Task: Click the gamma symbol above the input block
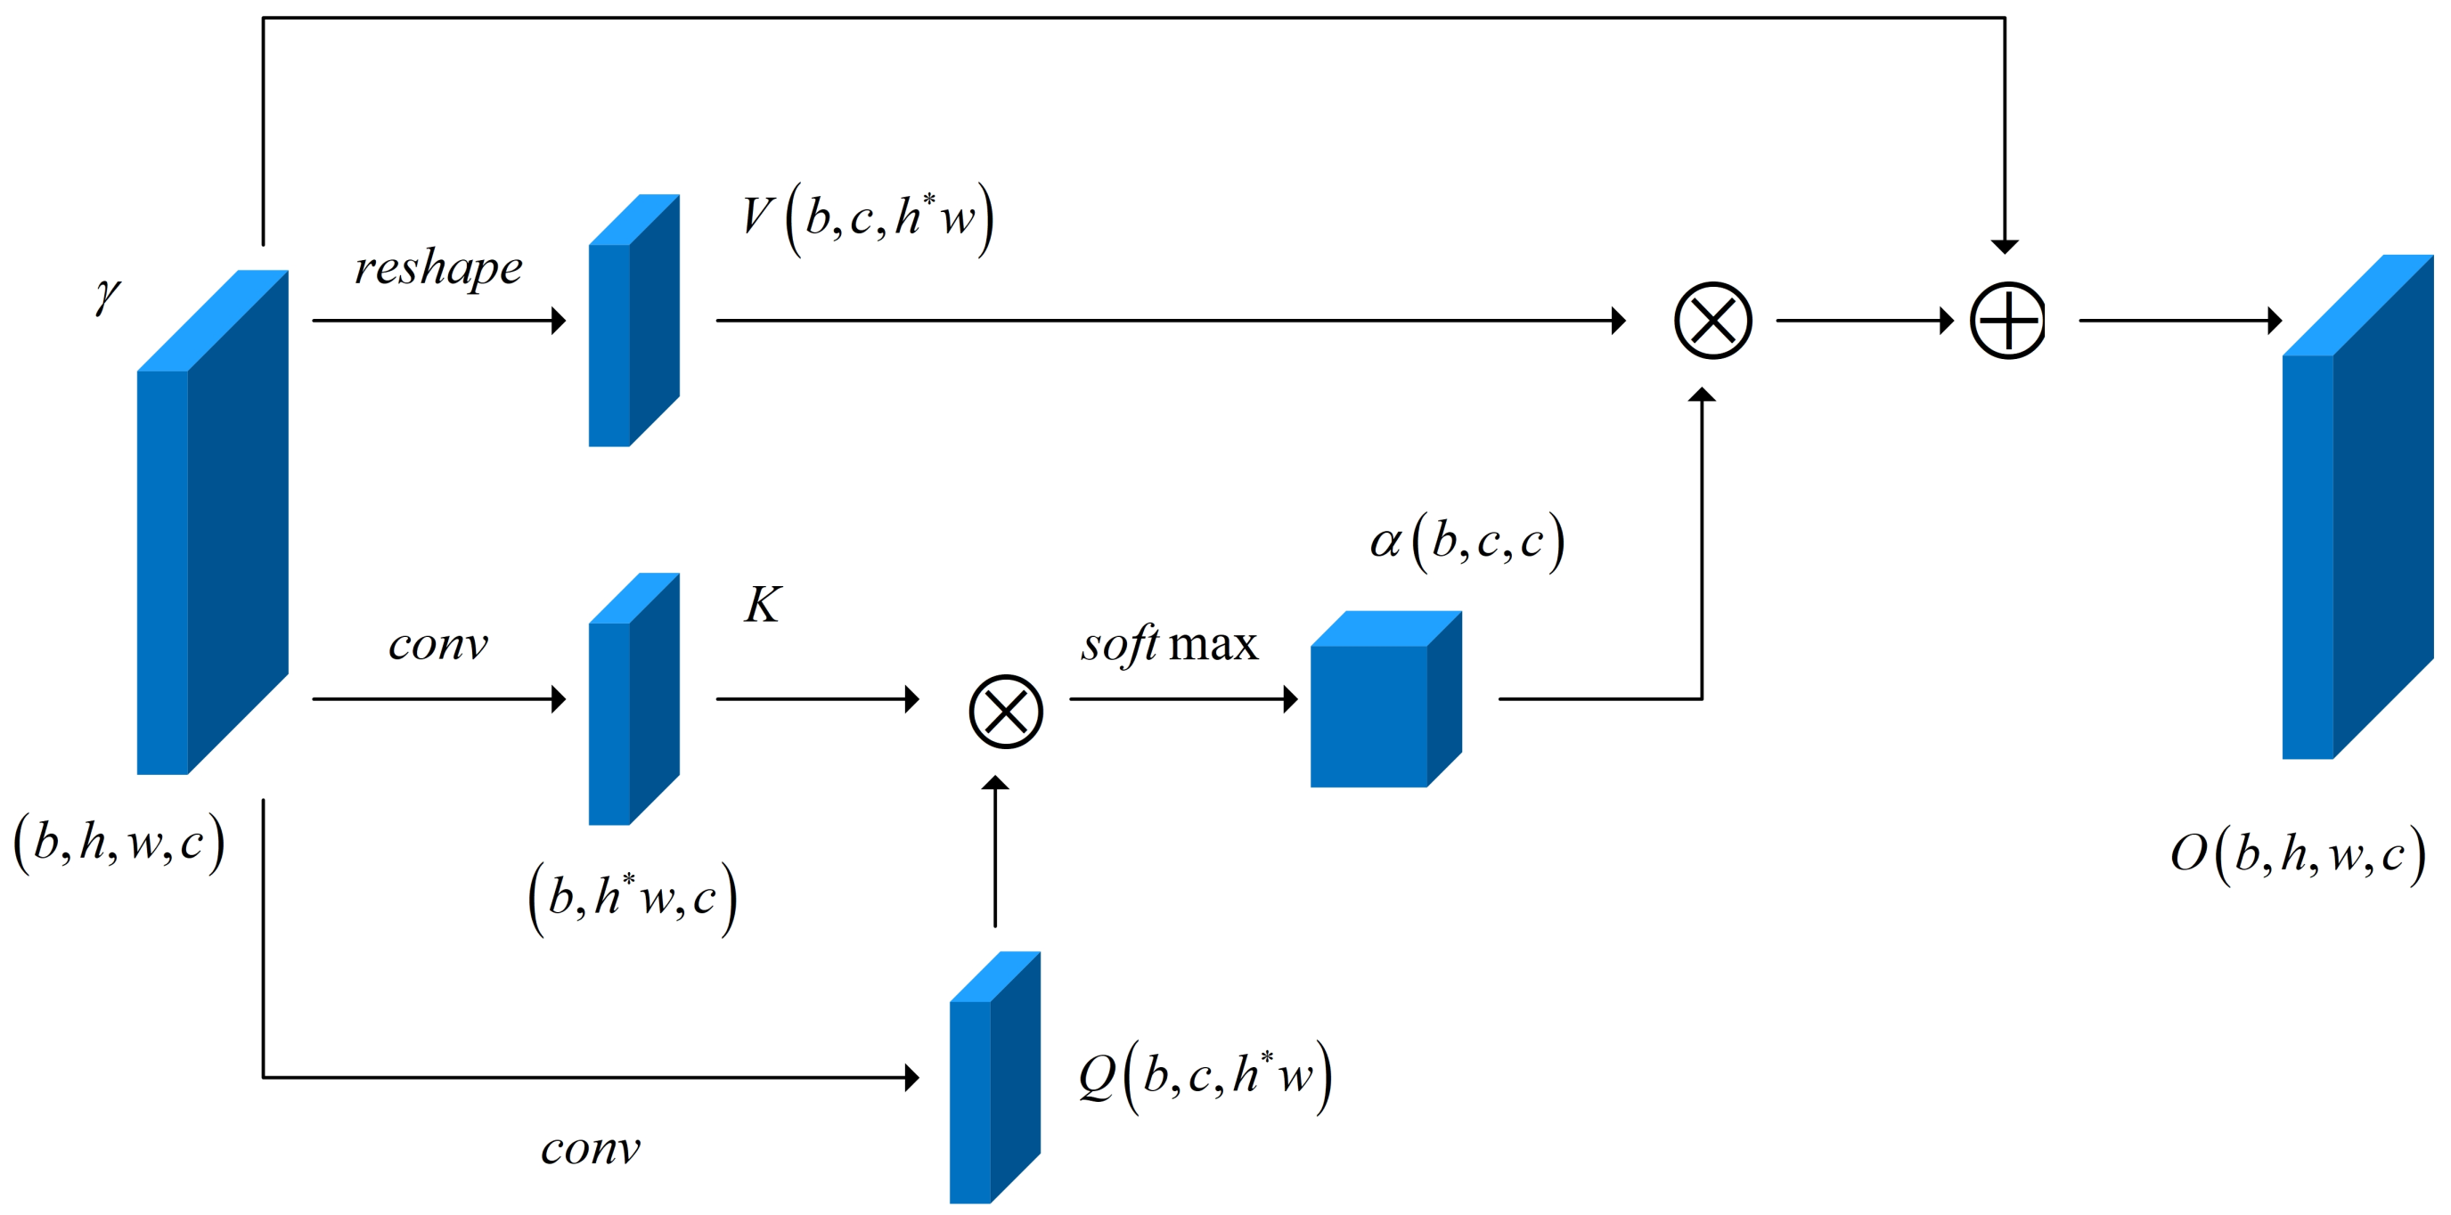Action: pyautogui.click(x=108, y=295)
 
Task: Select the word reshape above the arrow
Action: pyautogui.click(x=437, y=267)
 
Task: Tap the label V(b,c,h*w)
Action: pyautogui.click(x=867, y=218)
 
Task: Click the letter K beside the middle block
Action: pyautogui.click(x=762, y=605)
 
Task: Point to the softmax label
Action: pyautogui.click(x=1168, y=645)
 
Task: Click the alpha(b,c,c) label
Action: pyautogui.click(x=1467, y=542)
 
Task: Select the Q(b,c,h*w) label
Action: pyautogui.click(x=1205, y=1076)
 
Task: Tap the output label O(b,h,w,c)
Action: pyautogui.click(x=2297, y=853)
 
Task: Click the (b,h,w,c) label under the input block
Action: pyautogui.click(x=118, y=843)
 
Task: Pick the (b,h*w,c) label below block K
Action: pyautogui.click(x=633, y=897)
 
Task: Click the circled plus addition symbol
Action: pyautogui.click(x=2006, y=321)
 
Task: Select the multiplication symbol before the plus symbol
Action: pyautogui.click(x=1712, y=321)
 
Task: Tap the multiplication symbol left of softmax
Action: pyautogui.click(x=1006, y=712)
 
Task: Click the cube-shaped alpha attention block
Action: pyautogui.click(x=1380, y=704)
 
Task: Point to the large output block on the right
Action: pyautogui.click(x=2355, y=514)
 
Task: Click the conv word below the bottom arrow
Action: pyautogui.click(x=590, y=1149)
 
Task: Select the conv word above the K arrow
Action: pyautogui.click(x=437, y=645)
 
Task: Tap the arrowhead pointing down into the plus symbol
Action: pyautogui.click(x=2005, y=247)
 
